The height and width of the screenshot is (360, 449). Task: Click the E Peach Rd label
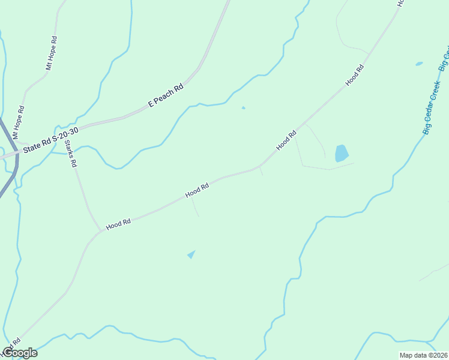point(166,96)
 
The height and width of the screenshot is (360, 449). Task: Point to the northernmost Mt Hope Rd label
point(52,53)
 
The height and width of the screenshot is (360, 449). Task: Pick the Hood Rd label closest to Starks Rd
point(118,224)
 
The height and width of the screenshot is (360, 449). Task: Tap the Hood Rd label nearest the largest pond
point(286,141)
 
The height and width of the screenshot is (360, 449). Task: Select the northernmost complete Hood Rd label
point(355,76)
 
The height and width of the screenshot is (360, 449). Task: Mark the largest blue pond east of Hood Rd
point(341,153)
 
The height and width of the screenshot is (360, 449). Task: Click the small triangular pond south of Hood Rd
point(191,254)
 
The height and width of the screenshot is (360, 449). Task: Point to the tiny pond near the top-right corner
point(419,63)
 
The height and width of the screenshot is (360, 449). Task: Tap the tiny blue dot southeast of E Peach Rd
point(243,108)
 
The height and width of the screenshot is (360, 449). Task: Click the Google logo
point(20,353)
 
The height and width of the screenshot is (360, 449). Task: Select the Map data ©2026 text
point(423,355)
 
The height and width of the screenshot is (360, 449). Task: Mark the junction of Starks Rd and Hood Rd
point(100,230)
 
